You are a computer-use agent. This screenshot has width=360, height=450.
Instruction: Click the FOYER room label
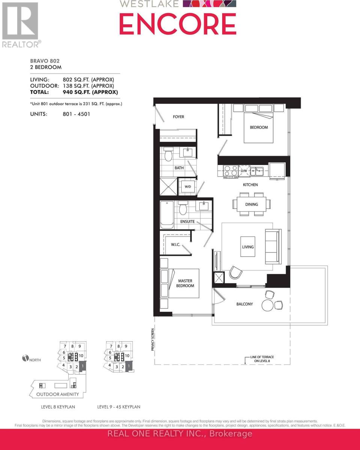pos(178,117)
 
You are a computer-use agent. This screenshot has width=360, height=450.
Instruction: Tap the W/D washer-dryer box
pos(187,186)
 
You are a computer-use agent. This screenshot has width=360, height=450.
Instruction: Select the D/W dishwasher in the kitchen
pos(244,171)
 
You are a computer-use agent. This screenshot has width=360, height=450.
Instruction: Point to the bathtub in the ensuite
pos(167,214)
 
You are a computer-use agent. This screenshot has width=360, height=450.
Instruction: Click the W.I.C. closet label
pos(176,244)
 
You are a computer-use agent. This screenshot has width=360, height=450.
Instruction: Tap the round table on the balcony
pos(268,304)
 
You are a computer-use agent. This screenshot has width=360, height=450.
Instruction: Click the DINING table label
pos(252,204)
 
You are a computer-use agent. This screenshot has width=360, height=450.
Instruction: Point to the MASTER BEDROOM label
pos(186,283)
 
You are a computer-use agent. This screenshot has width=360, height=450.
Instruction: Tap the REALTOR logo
pos(21,25)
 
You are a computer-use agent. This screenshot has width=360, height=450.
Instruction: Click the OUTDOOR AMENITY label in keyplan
pos(57,394)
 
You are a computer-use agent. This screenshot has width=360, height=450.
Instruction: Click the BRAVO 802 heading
pos(45,61)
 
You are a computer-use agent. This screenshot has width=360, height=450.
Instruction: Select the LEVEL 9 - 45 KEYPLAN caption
pos(119,407)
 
